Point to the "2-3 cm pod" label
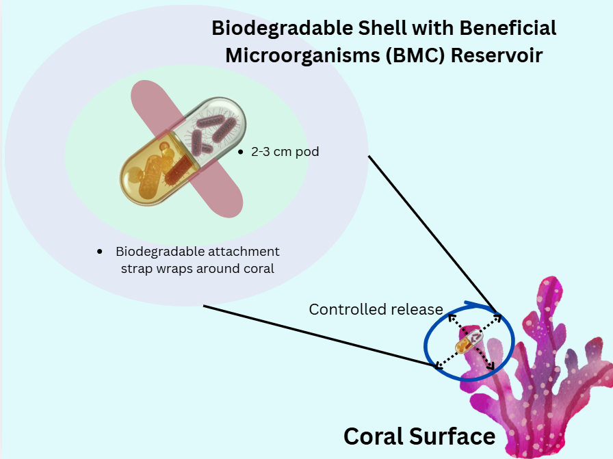pyautogui.click(x=285, y=152)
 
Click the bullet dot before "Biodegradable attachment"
pyautogui.click(x=100, y=252)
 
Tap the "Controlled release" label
pyautogui.click(x=376, y=309)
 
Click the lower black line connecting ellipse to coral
pyautogui.click(x=315, y=335)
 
